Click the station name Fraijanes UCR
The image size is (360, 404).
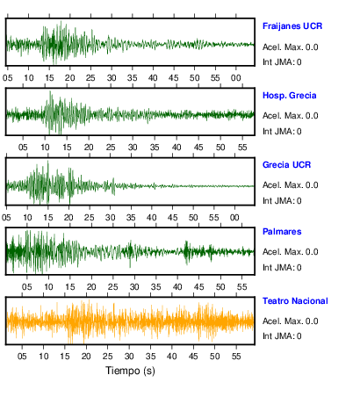point(292,26)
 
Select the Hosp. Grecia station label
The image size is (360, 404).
point(289,96)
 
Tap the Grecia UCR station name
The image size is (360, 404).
point(286,165)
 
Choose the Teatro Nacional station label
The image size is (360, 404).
point(295,301)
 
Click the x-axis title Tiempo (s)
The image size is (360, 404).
point(130,371)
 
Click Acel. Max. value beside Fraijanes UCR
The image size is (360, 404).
point(290,47)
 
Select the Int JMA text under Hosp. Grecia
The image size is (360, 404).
point(282,132)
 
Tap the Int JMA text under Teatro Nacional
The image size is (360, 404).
point(282,335)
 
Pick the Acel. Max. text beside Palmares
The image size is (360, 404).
point(290,252)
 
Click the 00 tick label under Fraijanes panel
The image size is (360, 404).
point(236,78)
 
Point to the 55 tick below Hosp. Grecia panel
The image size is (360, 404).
point(242,148)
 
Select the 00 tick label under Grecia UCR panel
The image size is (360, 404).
point(234,218)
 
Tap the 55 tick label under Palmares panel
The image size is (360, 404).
point(241,287)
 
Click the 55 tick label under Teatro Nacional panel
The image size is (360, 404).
point(236,357)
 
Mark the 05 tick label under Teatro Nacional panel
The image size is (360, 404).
point(22,357)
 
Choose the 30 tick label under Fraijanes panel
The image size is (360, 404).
point(112,78)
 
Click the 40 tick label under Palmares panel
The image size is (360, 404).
point(177,287)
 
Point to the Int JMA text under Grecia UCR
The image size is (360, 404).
point(282,201)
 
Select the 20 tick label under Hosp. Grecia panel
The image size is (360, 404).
point(89,148)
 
